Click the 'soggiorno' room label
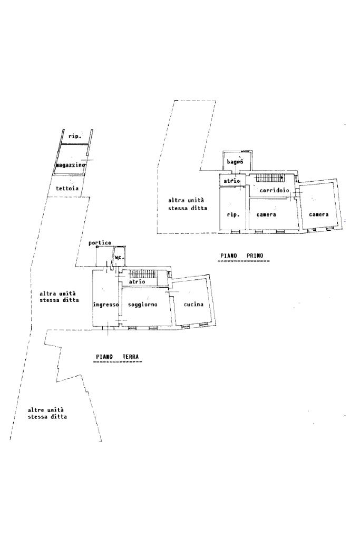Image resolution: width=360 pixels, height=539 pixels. pos(142,304)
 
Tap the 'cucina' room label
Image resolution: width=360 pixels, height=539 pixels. pos(193,304)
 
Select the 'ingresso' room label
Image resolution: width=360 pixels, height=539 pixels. pos(105,304)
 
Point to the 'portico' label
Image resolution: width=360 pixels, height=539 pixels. pos(100,243)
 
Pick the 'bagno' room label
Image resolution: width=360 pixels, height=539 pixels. pos(235,162)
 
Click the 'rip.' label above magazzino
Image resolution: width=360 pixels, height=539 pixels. pos(74,136)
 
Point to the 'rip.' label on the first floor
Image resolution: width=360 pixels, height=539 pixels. pos(233,215)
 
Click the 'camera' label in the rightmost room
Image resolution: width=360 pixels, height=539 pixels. pos(319,214)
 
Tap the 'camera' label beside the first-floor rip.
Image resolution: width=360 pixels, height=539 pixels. pos(267,215)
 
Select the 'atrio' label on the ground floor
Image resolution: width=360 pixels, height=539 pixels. pos(137,282)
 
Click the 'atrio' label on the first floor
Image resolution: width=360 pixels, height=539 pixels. pos(232,181)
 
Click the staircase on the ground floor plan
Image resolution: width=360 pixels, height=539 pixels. pos(144,273)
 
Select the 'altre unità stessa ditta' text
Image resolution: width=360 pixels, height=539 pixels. pos(47,413)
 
